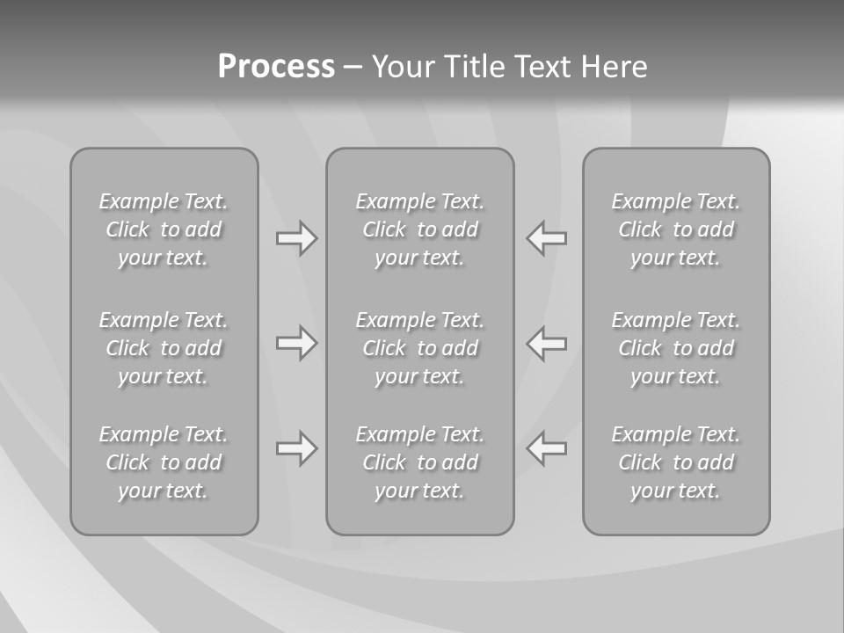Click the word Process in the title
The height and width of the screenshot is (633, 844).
coord(276,67)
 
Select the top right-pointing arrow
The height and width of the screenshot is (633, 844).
coord(296,238)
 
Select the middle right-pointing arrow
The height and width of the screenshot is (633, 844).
coord(296,343)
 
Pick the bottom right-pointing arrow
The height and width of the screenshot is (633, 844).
coord(296,448)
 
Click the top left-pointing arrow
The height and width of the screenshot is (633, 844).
coord(546,238)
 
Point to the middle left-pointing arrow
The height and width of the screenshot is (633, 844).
coord(546,343)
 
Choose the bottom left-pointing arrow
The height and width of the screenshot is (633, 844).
coord(546,448)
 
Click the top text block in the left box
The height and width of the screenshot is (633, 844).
coord(164,229)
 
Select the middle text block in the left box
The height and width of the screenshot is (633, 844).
coord(164,348)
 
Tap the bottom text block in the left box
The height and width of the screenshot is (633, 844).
coord(164,462)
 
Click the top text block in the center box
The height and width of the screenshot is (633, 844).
coord(419,229)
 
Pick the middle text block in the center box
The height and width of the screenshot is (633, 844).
coord(419,348)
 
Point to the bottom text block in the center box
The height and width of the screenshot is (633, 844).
coord(419,462)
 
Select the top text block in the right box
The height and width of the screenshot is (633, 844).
coord(676,229)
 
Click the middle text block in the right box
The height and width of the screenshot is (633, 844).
coord(676,348)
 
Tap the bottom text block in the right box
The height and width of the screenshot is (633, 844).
coord(676,462)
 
